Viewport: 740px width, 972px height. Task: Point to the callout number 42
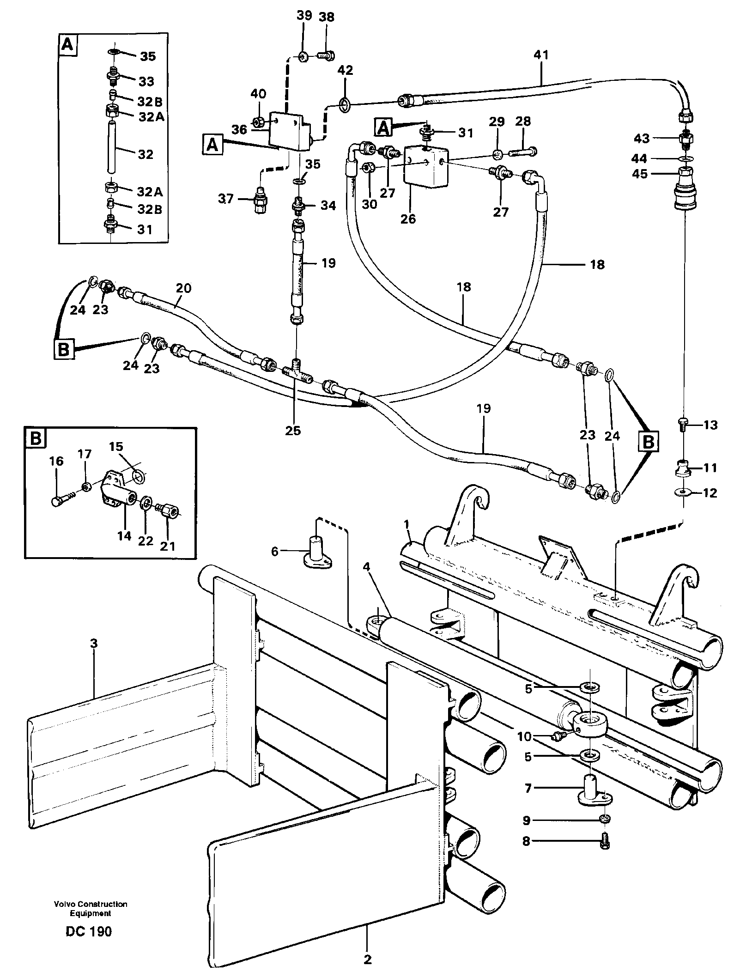[345, 70]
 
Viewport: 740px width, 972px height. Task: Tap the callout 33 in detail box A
[146, 81]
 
